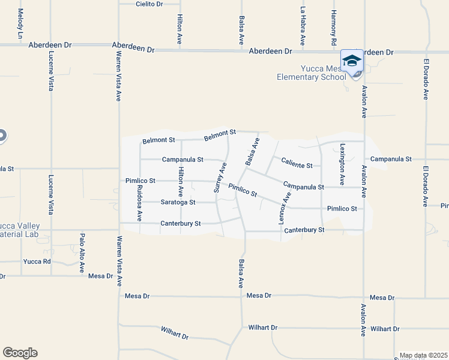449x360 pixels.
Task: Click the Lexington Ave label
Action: [342, 163]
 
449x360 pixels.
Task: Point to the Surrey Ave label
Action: [221, 177]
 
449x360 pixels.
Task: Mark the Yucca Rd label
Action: [37, 262]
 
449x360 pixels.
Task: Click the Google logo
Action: [20, 353]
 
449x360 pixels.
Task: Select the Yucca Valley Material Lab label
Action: [20, 212]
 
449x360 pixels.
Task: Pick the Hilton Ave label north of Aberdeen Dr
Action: [179, 30]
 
